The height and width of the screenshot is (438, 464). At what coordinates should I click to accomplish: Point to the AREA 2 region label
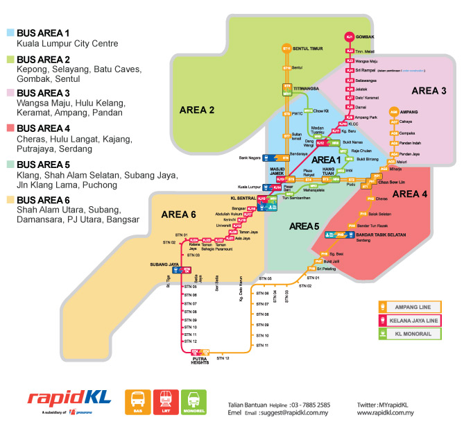click(x=197, y=110)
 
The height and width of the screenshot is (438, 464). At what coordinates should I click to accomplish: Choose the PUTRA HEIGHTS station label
click(x=200, y=360)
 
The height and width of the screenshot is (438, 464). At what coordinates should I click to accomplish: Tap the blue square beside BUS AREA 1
click(x=10, y=33)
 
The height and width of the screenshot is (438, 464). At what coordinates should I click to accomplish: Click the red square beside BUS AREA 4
click(x=10, y=128)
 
